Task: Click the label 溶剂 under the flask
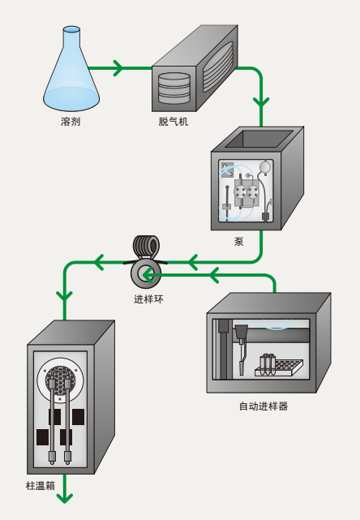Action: (x=71, y=122)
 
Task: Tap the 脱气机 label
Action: (x=173, y=122)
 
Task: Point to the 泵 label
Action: (x=238, y=242)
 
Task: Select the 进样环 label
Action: (x=148, y=299)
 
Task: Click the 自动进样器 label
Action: (x=264, y=406)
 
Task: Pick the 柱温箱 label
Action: (x=40, y=486)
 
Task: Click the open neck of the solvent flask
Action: (x=71, y=29)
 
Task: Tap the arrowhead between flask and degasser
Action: (x=118, y=68)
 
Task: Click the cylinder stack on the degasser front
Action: (x=174, y=88)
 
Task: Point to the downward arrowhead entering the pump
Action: (x=261, y=102)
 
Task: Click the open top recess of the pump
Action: (x=259, y=139)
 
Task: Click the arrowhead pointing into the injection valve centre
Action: (x=148, y=275)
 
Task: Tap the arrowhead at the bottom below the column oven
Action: (x=65, y=498)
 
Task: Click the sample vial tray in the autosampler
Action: (x=279, y=367)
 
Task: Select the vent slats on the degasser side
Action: (x=218, y=67)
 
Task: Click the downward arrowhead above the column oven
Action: (x=65, y=296)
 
